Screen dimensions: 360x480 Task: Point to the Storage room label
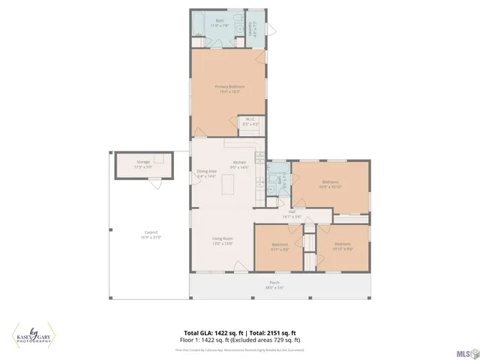[x=143, y=164]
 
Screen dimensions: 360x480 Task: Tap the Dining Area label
[x=207, y=173]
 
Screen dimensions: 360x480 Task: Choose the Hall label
[x=292, y=214]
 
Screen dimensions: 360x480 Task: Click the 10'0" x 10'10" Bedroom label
[x=330, y=184]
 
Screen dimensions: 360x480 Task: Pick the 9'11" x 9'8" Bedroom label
[x=280, y=247]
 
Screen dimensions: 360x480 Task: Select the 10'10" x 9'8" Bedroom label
[x=342, y=246]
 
